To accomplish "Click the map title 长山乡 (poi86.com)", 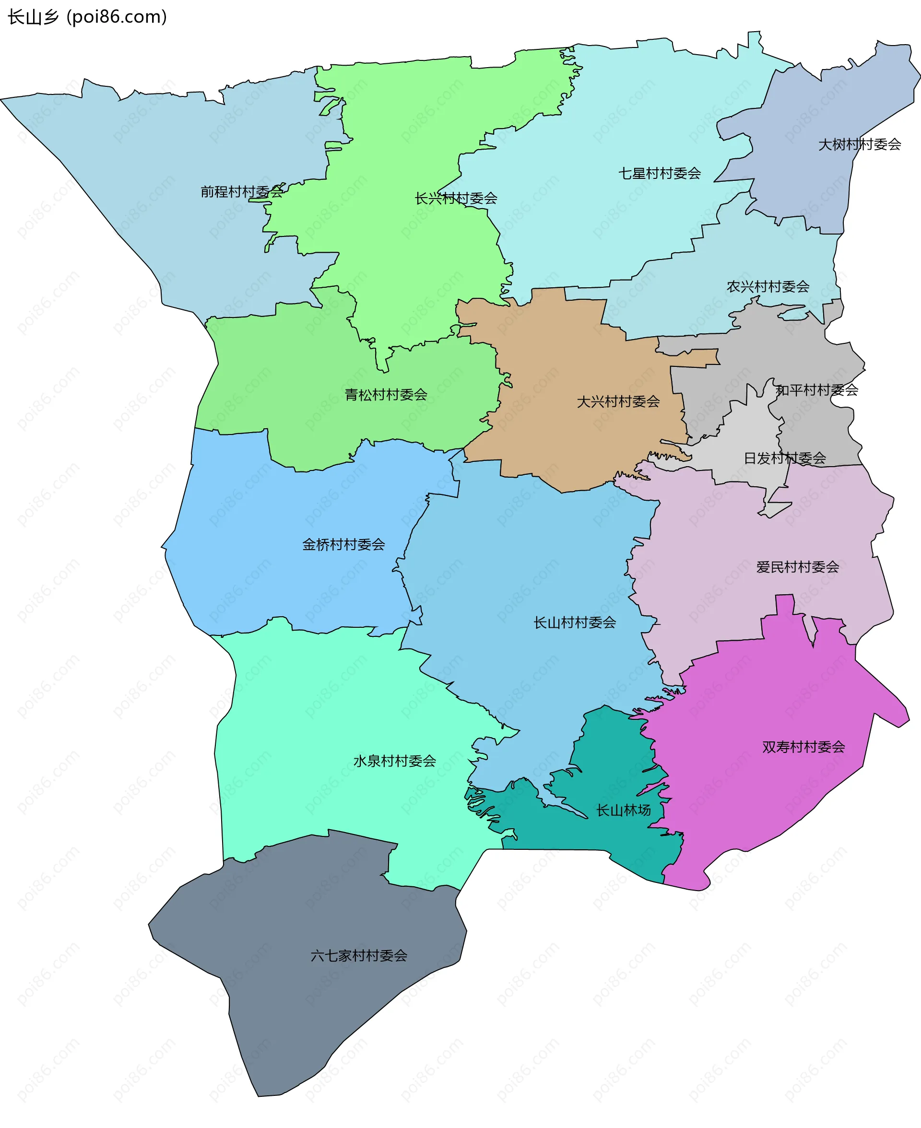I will [x=87, y=17].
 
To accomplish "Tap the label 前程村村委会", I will [x=241, y=192].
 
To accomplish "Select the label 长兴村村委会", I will [x=456, y=199].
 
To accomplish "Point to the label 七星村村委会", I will [x=660, y=174].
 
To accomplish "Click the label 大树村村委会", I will [x=860, y=144].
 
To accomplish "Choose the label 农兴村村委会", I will [x=767, y=287].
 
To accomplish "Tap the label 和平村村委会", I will [x=816, y=390].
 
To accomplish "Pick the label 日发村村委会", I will [x=785, y=458].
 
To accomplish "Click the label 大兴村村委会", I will [x=618, y=401].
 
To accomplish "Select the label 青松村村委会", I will [x=386, y=395].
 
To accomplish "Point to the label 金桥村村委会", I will [x=343, y=545].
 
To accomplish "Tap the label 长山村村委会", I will [x=575, y=623].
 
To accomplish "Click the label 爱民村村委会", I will [x=797, y=567].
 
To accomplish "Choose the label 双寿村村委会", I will [x=803, y=747].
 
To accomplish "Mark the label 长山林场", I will [x=624, y=811].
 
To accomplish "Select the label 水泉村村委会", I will [x=394, y=761].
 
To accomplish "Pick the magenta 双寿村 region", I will [x=769, y=796].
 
